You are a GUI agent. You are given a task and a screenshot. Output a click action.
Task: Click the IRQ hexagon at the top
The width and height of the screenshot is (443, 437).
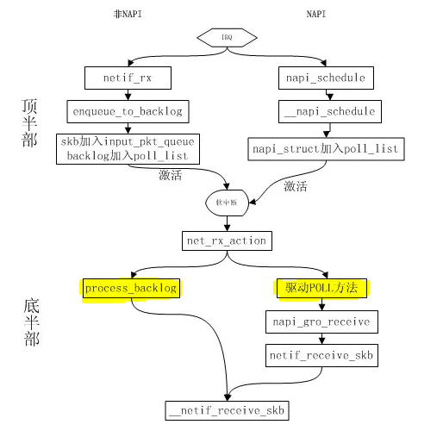tap(227, 38)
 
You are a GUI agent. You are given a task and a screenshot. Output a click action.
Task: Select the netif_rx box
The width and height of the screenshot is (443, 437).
tap(127, 78)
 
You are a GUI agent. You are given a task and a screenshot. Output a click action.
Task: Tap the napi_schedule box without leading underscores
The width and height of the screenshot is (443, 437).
tap(325, 78)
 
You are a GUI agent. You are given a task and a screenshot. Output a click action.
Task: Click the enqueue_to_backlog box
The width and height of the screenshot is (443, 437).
tap(127, 111)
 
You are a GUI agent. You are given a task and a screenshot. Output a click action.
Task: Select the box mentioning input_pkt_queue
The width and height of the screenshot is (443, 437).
tap(128, 148)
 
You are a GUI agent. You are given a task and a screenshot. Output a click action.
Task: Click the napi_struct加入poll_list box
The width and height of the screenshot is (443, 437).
tap(326, 149)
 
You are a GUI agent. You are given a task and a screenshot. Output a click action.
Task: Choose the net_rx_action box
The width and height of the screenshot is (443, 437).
tap(226, 240)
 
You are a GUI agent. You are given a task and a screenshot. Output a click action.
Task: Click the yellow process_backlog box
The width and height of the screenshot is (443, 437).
tap(131, 288)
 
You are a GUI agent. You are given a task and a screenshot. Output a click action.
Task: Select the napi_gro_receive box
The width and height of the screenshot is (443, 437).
tap(321, 322)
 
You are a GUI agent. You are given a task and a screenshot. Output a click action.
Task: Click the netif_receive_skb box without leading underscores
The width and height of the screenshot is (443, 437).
tap(321, 354)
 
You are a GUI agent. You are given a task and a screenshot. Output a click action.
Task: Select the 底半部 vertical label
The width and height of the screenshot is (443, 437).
tap(31, 322)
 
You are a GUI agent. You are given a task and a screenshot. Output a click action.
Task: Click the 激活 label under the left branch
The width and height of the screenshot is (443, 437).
tap(170, 176)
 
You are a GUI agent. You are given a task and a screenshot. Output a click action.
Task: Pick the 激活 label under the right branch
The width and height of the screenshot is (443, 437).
tap(296, 185)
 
